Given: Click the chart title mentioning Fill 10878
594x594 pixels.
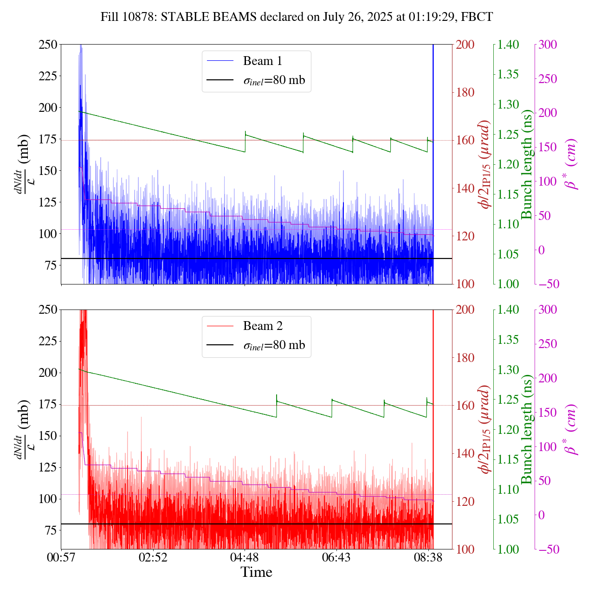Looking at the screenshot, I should click(297, 17).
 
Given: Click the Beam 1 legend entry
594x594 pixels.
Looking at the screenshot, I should click(262, 61).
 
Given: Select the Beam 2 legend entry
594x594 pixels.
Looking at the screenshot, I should click(262, 326).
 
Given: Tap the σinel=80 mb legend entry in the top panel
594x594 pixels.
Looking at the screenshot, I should click(274, 80).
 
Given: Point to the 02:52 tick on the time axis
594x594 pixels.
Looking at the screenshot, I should click(153, 557).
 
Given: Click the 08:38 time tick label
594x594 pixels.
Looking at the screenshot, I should click(428, 557).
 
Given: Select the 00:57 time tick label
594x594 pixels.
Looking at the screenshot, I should click(61, 557).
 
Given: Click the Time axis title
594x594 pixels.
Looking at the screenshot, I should click(256, 573).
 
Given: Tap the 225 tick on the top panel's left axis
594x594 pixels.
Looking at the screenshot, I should click(48, 76).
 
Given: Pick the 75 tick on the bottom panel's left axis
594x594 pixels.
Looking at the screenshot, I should click(51, 530).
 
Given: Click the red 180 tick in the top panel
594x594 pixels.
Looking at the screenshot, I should click(465, 92).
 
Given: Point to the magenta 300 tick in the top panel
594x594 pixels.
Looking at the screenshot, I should click(548, 45).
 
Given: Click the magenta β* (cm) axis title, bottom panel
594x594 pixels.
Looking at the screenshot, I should click(572, 429).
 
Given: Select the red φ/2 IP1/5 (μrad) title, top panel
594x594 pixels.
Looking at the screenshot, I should click(485, 164).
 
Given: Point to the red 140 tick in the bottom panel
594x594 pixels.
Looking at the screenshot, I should click(465, 453).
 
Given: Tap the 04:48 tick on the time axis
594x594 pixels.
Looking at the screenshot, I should click(245, 557).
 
